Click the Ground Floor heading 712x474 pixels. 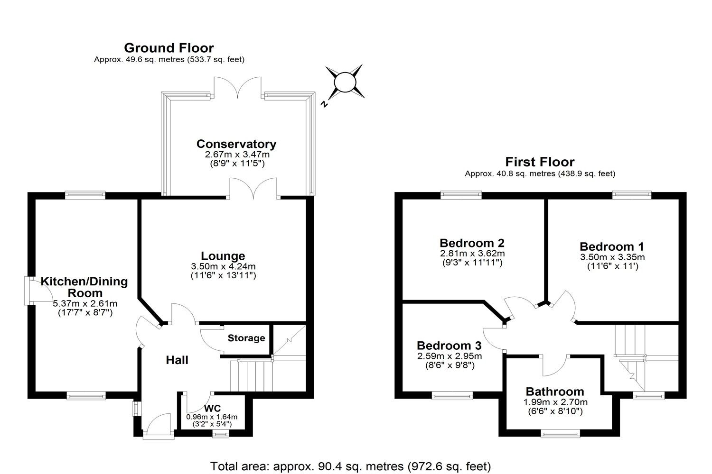click(169, 48)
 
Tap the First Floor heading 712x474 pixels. click(540, 162)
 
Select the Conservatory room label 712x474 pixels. click(236, 144)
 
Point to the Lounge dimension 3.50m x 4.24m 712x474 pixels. click(223, 266)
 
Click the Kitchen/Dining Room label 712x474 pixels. click(84, 287)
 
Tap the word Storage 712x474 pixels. click(246, 338)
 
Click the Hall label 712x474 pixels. click(177, 360)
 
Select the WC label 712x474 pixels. click(212, 409)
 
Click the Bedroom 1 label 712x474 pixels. click(612, 247)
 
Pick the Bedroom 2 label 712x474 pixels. click(472, 243)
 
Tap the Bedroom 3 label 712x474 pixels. click(449, 346)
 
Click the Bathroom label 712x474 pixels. click(555, 392)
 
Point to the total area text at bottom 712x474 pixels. click(350, 465)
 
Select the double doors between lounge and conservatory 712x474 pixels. click(253, 188)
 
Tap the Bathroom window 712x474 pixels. click(561, 432)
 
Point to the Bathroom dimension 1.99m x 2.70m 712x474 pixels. click(555, 402)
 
